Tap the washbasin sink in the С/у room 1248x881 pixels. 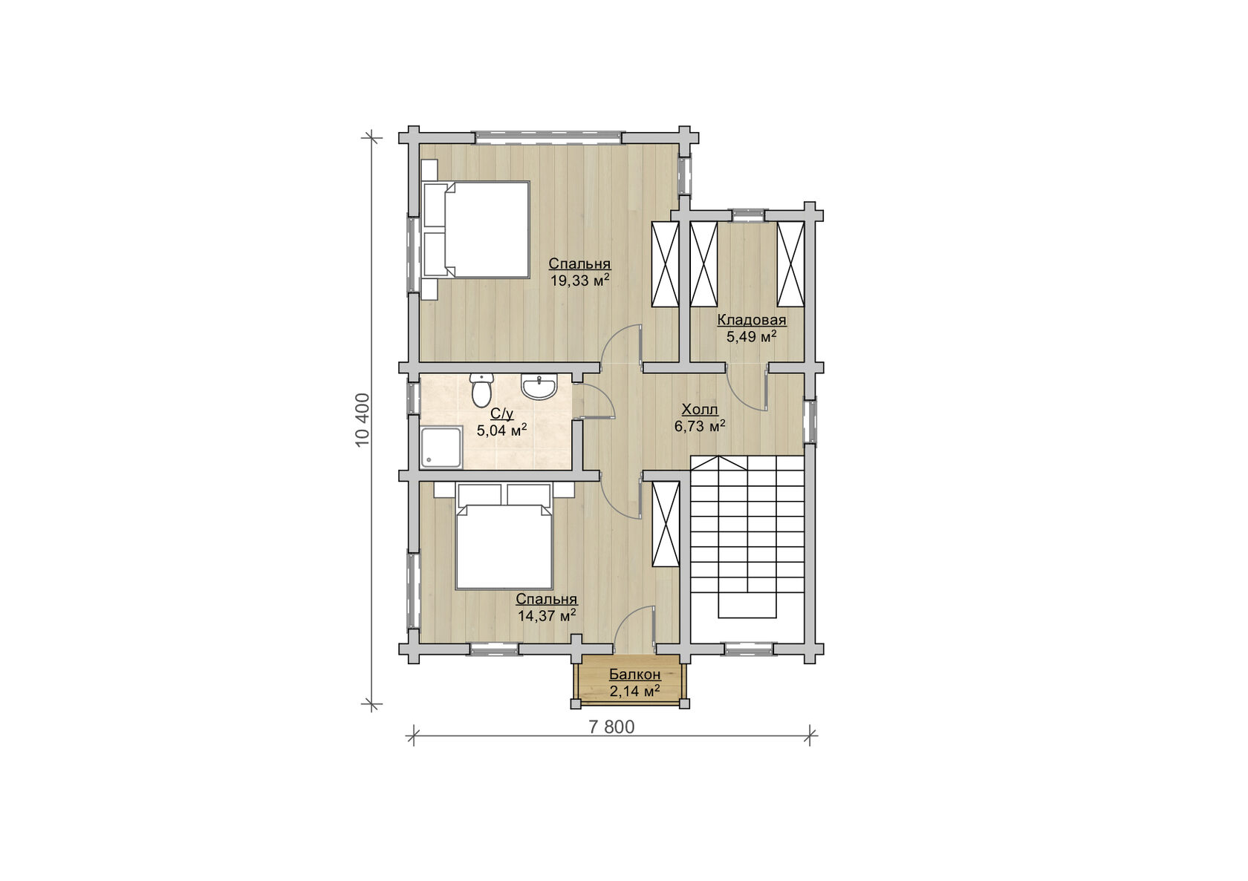coord(539,386)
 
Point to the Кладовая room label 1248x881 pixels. coord(752,320)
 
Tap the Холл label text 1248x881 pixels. coord(700,410)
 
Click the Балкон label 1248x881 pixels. coord(634,675)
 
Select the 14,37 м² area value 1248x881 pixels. coord(547,616)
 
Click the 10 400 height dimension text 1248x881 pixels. coord(363,420)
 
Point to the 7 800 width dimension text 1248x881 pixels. coord(611,727)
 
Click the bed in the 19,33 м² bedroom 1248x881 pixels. coord(475,229)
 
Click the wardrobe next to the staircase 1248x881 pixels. coord(666,524)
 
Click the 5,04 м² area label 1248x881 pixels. coord(502,430)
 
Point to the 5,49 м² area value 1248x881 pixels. coord(752,337)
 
